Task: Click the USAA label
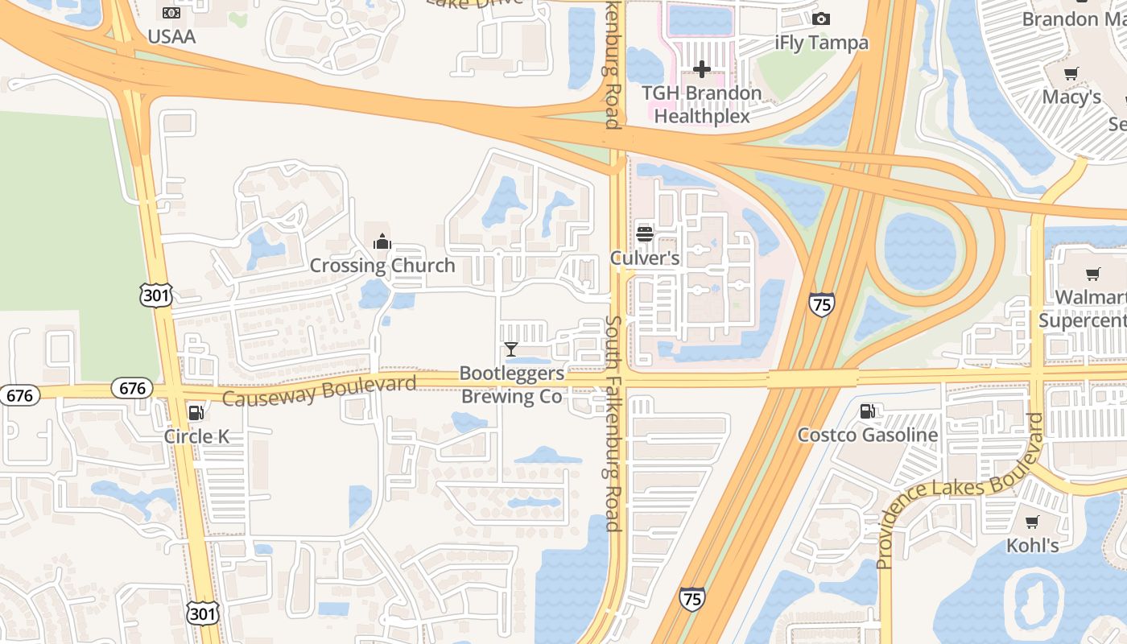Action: point(171,36)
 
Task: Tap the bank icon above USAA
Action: point(171,13)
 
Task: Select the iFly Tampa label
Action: point(821,43)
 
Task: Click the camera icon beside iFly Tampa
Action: point(821,19)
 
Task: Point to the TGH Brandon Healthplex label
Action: point(701,105)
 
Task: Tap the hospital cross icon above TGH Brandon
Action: point(702,70)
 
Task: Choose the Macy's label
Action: point(1071,97)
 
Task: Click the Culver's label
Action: point(645,258)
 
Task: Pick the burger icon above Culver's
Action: point(645,234)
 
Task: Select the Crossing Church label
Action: point(382,266)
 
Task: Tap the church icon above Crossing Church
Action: point(382,242)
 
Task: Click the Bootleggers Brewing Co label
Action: point(511,385)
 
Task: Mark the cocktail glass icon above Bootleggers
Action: point(511,349)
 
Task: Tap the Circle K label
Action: point(196,437)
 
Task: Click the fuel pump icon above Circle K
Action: point(196,413)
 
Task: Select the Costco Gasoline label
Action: point(868,436)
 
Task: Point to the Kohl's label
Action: point(1033,546)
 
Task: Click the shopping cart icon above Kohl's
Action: point(1033,522)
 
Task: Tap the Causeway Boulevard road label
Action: point(319,390)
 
